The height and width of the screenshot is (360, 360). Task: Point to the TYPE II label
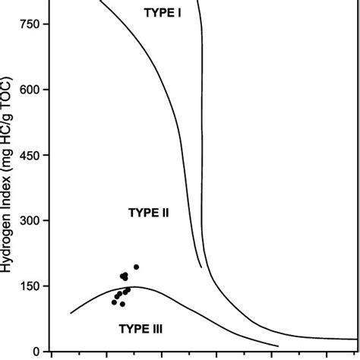[x=147, y=213]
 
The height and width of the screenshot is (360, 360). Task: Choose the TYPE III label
[x=141, y=328]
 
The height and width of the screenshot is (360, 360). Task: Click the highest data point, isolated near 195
[x=136, y=267]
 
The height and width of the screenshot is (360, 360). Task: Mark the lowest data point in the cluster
[x=122, y=304]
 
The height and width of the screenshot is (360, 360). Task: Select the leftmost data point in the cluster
[x=114, y=302]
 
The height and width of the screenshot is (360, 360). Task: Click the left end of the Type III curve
[x=71, y=313]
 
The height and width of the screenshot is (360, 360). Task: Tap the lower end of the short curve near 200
[x=201, y=267]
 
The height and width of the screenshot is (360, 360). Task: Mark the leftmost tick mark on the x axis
[x=51, y=354]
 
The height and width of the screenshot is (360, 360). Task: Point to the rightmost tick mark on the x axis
[x=327, y=354]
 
